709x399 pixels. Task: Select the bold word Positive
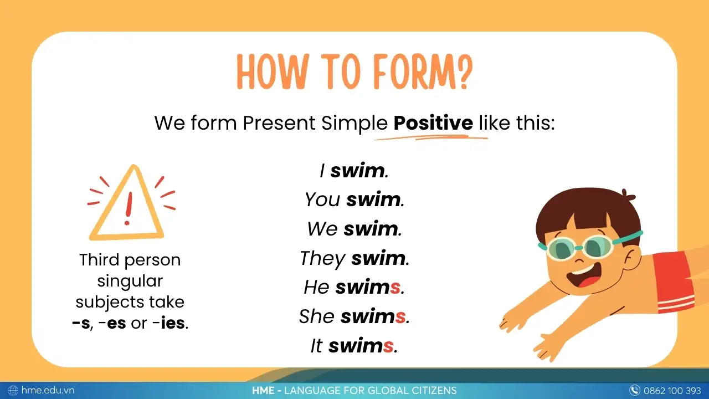433,122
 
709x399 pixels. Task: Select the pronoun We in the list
322,229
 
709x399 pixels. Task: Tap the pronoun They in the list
322,258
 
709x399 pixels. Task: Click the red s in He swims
395,287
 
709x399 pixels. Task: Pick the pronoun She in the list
317,316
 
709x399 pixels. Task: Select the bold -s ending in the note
81,323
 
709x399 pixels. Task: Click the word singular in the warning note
130,281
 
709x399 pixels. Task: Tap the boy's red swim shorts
673,280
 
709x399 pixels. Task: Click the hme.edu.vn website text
48,391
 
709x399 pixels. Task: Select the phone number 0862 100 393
672,391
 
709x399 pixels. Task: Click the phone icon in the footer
635,391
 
